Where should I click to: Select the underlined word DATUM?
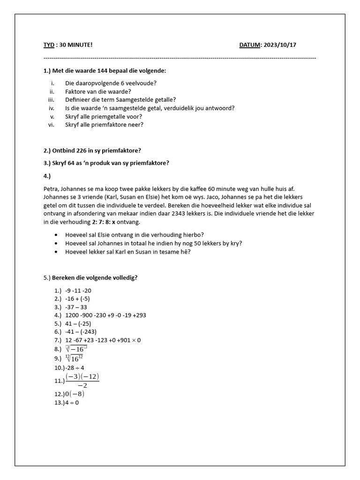[250, 45]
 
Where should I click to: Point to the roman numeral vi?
[52, 125]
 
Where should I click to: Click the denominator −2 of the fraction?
[82, 386]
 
